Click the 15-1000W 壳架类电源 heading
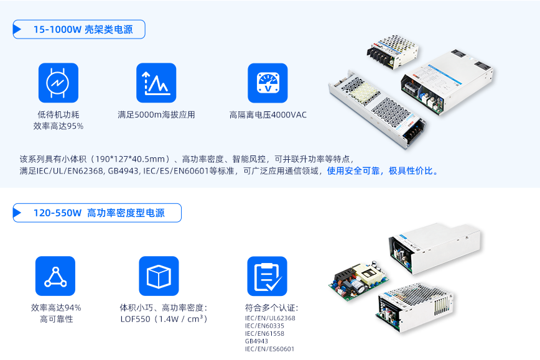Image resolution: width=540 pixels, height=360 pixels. (83, 30)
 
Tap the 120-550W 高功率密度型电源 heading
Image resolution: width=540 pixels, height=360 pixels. (99, 213)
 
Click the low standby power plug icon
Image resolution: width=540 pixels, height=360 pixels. (58, 83)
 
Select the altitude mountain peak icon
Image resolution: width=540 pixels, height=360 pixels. (156, 83)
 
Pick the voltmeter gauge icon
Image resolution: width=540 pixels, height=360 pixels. (268, 83)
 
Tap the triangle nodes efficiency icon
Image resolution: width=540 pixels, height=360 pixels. (55, 276)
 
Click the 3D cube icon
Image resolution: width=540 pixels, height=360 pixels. (159, 276)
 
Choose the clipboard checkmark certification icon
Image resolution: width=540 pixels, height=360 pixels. (268, 276)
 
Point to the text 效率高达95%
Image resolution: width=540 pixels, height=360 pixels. (58, 126)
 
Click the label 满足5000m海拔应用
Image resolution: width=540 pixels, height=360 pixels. (156, 114)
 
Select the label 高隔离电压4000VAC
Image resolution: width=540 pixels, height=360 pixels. (268, 114)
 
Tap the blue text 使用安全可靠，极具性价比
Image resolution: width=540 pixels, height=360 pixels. (382, 171)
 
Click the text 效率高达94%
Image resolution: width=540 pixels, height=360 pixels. (56, 308)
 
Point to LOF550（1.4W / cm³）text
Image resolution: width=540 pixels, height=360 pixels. (164, 319)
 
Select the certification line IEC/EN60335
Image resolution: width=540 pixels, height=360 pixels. (264, 326)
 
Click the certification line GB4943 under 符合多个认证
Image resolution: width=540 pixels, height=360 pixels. (256, 341)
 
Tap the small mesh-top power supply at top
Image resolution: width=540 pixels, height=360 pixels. (393, 51)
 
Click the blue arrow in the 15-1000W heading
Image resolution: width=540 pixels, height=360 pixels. (17, 29)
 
